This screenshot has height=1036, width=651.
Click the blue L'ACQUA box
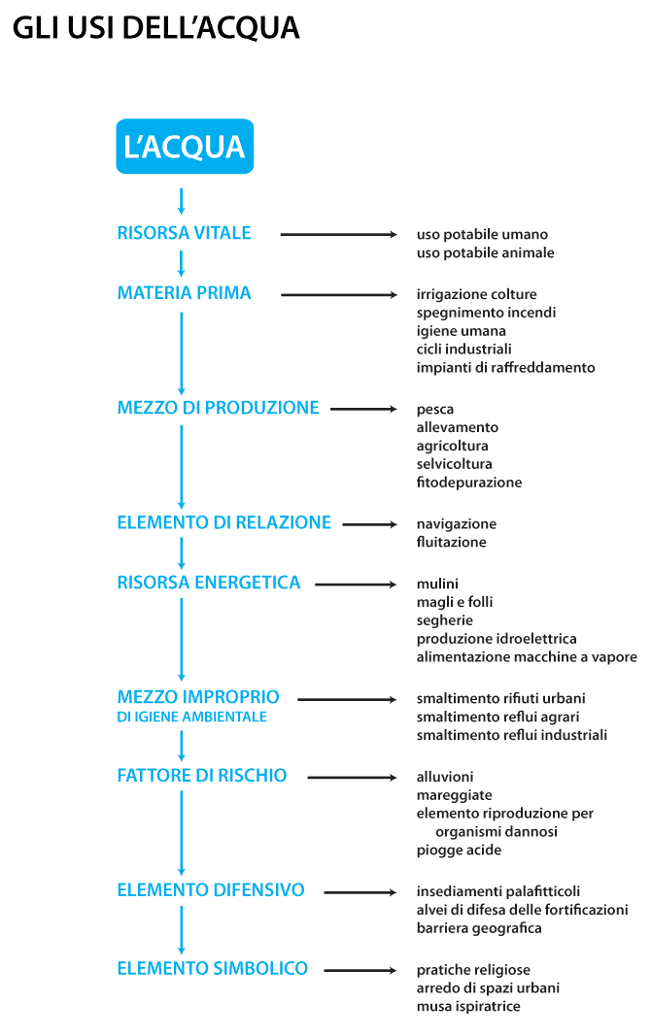(x=185, y=147)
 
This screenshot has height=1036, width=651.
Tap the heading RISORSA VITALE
(x=184, y=233)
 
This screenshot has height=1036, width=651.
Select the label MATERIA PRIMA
(x=184, y=293)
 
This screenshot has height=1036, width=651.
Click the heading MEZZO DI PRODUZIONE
(x=218, y=408)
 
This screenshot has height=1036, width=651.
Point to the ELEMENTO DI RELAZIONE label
(x=223, y=522)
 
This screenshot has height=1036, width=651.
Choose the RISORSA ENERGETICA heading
(x=209, y=583)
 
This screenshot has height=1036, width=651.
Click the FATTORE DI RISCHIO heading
(x=202, y=776)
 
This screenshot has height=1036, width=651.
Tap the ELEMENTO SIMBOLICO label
(x=212, y=968)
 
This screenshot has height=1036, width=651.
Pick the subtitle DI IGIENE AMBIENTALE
(x=191, y=718)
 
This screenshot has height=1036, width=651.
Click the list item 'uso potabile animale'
(x=485, y=252)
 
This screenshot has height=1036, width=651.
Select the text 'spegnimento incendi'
(x=486, y=313)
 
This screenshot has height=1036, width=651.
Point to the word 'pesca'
(x=435, y=410)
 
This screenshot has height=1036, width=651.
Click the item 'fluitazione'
(x=451, y=542)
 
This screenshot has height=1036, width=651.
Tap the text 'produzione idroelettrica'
(x=497, y=639)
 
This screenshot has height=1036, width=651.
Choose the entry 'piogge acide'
(x=459, y=850)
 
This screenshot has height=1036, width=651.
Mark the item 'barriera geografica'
(x=479, y=928)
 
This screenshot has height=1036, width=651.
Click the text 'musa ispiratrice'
(x=468, y=1006)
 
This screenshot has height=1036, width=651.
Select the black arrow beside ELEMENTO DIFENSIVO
(x=360, y=890)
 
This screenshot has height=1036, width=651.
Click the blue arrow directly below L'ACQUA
(x=182, y=200)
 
